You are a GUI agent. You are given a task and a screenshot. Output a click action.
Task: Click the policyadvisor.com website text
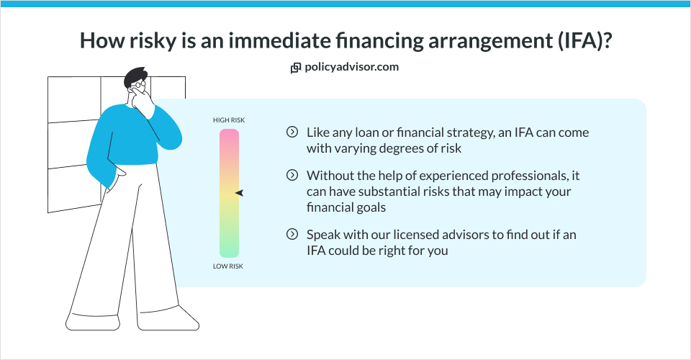(351, 67)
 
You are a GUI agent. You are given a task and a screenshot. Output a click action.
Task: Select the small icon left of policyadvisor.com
(295, 68)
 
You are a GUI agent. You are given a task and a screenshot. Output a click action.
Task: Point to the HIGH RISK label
(229, 120)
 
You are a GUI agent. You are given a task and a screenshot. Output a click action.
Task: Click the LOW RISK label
(229, 266)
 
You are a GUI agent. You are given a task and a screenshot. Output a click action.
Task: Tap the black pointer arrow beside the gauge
(240, 193)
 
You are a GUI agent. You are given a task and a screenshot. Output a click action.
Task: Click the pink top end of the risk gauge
(229, 137)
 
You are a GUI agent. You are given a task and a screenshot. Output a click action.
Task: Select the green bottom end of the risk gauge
(229, 249)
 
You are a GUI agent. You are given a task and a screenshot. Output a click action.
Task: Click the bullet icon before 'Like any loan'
(292, 132)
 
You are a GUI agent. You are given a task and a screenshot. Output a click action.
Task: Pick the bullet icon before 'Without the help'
(292, 175)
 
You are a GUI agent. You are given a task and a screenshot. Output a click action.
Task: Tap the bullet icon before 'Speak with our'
(292, 234)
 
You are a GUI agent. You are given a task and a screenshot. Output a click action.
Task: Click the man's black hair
(135, 76)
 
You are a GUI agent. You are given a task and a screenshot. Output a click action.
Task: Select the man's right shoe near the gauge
(180, 317)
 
